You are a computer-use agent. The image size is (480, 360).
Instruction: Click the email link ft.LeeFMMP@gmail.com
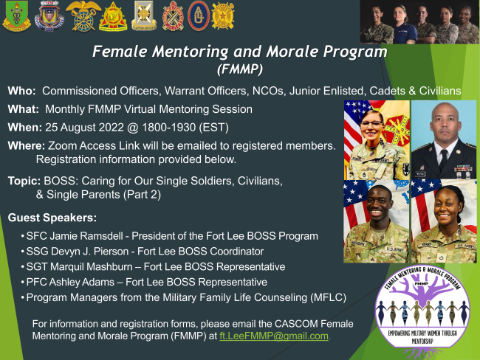pos(274,336)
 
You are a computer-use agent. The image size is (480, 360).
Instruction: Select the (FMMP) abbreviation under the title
pos(240,69)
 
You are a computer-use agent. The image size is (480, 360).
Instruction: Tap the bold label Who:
pos(21,91)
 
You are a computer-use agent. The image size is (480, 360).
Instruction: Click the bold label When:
pos(25,127)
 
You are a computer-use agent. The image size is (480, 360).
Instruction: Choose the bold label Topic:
pos(24,181)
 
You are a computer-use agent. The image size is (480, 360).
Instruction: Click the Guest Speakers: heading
pos(52,218)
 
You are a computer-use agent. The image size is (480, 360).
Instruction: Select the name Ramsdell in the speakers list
pos(102,236)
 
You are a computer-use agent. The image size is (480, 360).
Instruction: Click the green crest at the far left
pos(16,16)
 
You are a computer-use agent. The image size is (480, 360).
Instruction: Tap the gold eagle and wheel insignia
pos(83,15)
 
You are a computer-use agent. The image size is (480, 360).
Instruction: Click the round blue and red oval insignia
pos(199,15)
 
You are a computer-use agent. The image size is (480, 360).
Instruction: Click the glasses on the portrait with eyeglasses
pos(371,124)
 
